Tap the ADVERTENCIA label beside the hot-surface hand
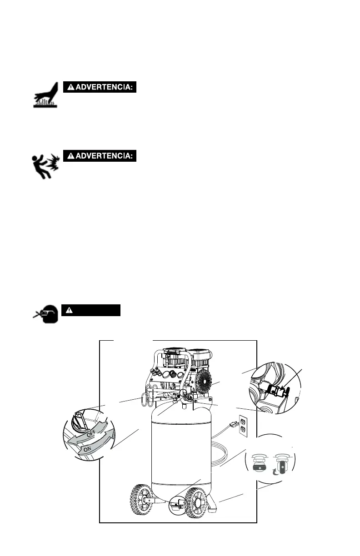[100, 87]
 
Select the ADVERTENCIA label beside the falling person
[100, 156]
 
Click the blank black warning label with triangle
[91, 310]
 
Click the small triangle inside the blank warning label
[69, 310]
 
